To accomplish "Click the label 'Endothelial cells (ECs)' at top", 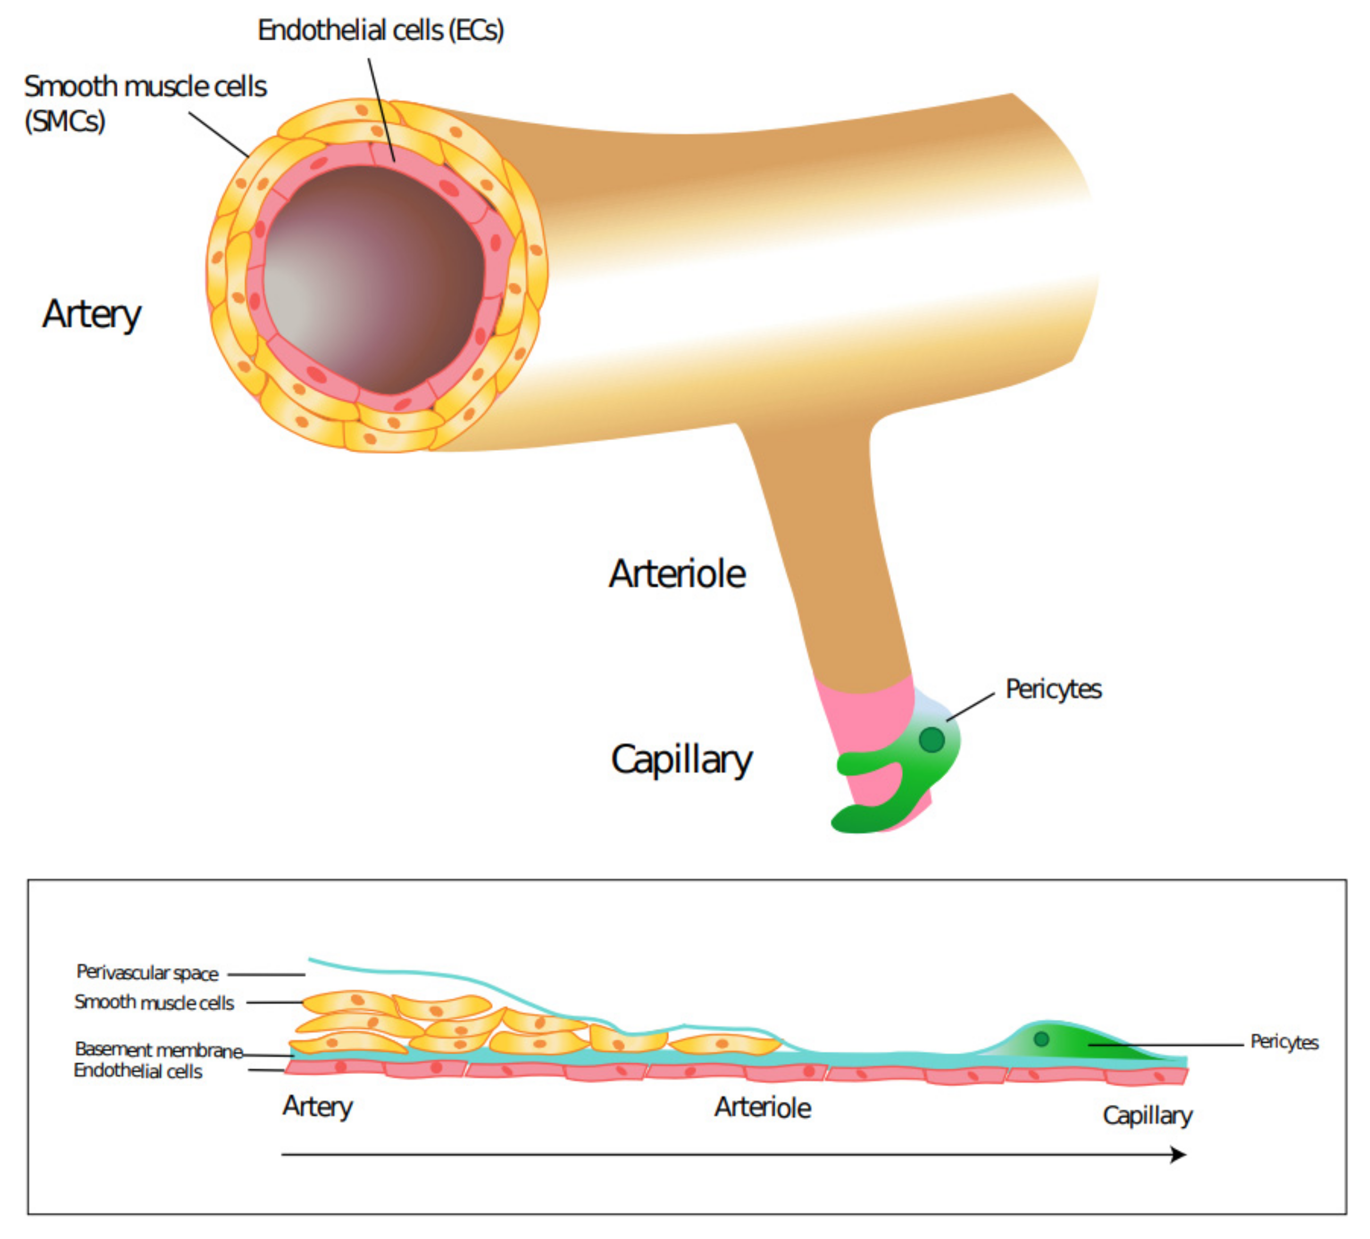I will tap(381, 30).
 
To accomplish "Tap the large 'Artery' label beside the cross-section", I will tap(91, 314).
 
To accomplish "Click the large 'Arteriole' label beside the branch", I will tap(677, 574).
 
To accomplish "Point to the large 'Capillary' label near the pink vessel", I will tap(682, 759).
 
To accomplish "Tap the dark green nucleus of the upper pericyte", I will tap(932, 739).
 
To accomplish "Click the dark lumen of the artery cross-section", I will tap(374, 279).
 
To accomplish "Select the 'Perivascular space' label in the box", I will tap(147, 973).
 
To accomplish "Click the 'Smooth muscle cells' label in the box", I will tap(154, 1002).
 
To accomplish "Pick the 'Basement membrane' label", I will tap(158, 1050).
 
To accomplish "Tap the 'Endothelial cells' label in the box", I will tap(138, 1071).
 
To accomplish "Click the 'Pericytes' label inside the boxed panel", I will tap(1284, 1042).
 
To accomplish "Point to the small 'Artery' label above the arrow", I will tap(318, 1106).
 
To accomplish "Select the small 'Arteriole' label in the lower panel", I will tap(763, 1108).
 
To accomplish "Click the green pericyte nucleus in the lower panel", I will tap(1041, 1038).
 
